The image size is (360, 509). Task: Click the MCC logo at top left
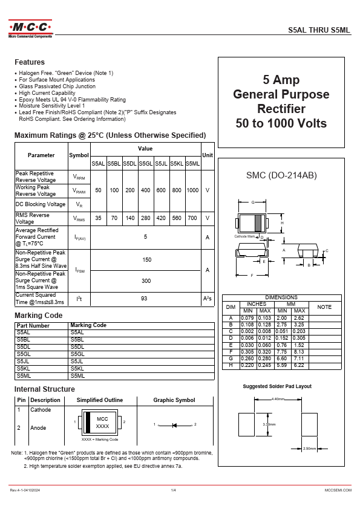pos(30,28)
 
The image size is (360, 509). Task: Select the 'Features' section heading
pos(30,62)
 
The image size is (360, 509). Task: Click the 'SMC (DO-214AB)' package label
pos(281,175)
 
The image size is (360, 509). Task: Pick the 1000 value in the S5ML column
pos(192,190)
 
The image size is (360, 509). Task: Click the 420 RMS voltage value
pos(161,218)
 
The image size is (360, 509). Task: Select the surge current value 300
pos(146,281)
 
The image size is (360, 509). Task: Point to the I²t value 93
pos(144,299)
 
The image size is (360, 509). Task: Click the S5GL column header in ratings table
pos(145,164)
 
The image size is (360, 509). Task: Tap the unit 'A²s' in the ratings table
pos(208,299)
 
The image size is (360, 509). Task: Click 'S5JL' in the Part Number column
pos(24,361)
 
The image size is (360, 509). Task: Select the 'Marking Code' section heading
pos(38,316)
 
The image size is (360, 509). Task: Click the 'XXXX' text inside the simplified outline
pos(102,427)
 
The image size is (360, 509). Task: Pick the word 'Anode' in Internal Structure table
pos(38,428)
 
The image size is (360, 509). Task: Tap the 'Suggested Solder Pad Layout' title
pos(277,386)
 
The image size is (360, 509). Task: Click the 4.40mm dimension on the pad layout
pos(278,399)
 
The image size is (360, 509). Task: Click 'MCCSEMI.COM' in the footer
pos(338,490)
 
